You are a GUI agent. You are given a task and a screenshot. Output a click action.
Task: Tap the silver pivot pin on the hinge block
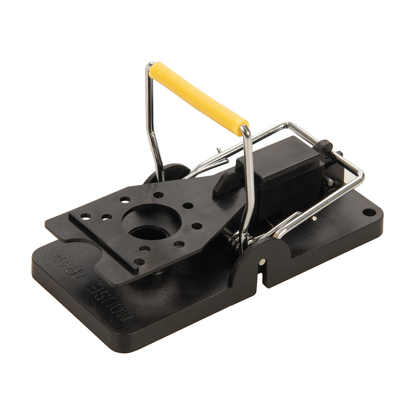(x=262, y=262)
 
